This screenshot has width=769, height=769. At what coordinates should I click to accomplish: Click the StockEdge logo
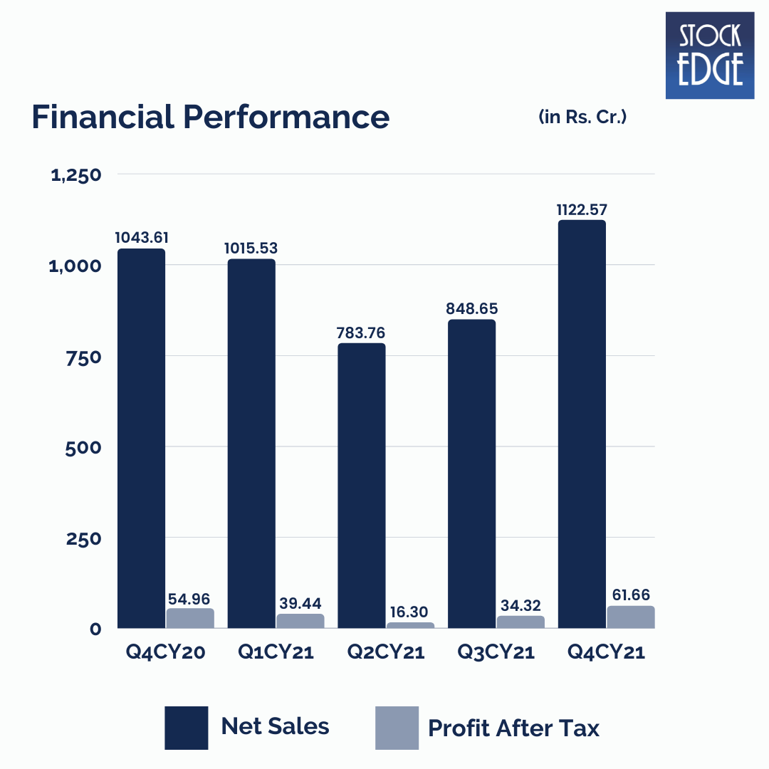click(x=709, y=55)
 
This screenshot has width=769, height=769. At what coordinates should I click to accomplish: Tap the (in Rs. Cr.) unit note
click(x=582, y=117)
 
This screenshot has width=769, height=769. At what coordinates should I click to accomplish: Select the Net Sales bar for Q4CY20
click(x=141, y=438)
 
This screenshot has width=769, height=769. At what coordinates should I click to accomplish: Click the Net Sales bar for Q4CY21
click(x=582, y=424)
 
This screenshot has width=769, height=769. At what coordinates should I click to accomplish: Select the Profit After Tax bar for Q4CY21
click(x=631, y=617)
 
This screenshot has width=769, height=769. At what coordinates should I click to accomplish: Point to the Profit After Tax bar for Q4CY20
click(x=190, y=618)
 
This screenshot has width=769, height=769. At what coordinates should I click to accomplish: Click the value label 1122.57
click(x=582, y=209)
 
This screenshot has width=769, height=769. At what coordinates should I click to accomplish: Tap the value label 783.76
click(x=362, y=333)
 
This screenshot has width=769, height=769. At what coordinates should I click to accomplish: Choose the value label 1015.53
click(x=251, y=249)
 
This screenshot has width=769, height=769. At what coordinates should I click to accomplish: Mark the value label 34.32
click(x=520, y=606)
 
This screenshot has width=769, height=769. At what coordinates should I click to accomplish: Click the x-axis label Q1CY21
click(x=276, y=652)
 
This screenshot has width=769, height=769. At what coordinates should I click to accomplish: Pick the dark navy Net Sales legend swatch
click(x=186, y=728)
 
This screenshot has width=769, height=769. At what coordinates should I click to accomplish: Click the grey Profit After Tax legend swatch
click(x=397, y=728)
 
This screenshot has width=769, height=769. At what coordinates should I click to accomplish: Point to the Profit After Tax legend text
click(x=513, y=728)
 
